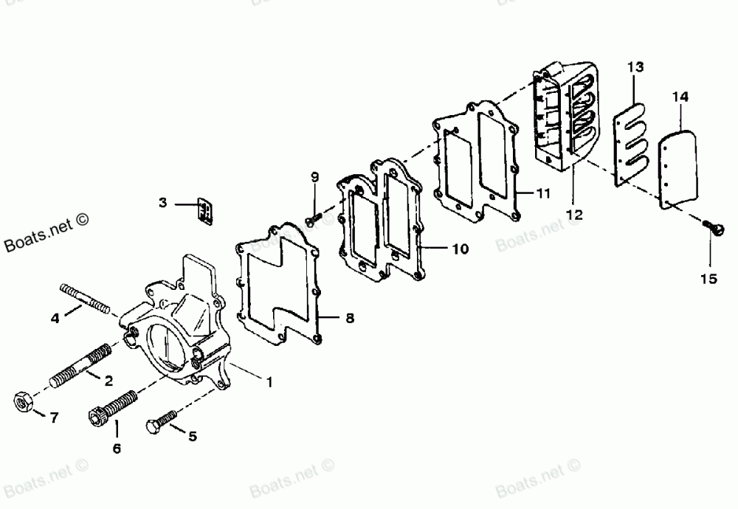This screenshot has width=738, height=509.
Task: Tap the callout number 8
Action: (350, 319)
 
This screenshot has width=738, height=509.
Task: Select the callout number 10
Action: (460, 249)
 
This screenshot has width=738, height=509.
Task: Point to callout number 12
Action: (574, 215)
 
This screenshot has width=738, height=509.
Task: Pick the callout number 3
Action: (164, 202)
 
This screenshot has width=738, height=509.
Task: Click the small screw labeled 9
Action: (313, 219)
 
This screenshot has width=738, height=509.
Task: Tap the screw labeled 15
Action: (714, 230)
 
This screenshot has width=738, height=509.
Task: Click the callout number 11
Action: (544, 194)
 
